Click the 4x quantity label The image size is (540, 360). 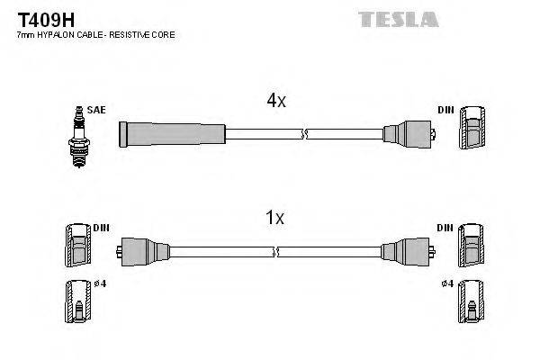tap(276, 101)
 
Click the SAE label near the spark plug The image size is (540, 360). tap(96, 110)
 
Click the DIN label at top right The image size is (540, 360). tap(445, 111)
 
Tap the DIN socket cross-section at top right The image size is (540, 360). tap(473, 131)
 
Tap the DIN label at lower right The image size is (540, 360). tap(445, 228)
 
